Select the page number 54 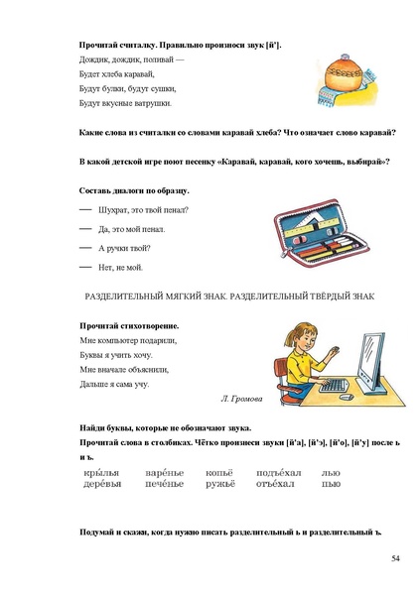tap(394, 560)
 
